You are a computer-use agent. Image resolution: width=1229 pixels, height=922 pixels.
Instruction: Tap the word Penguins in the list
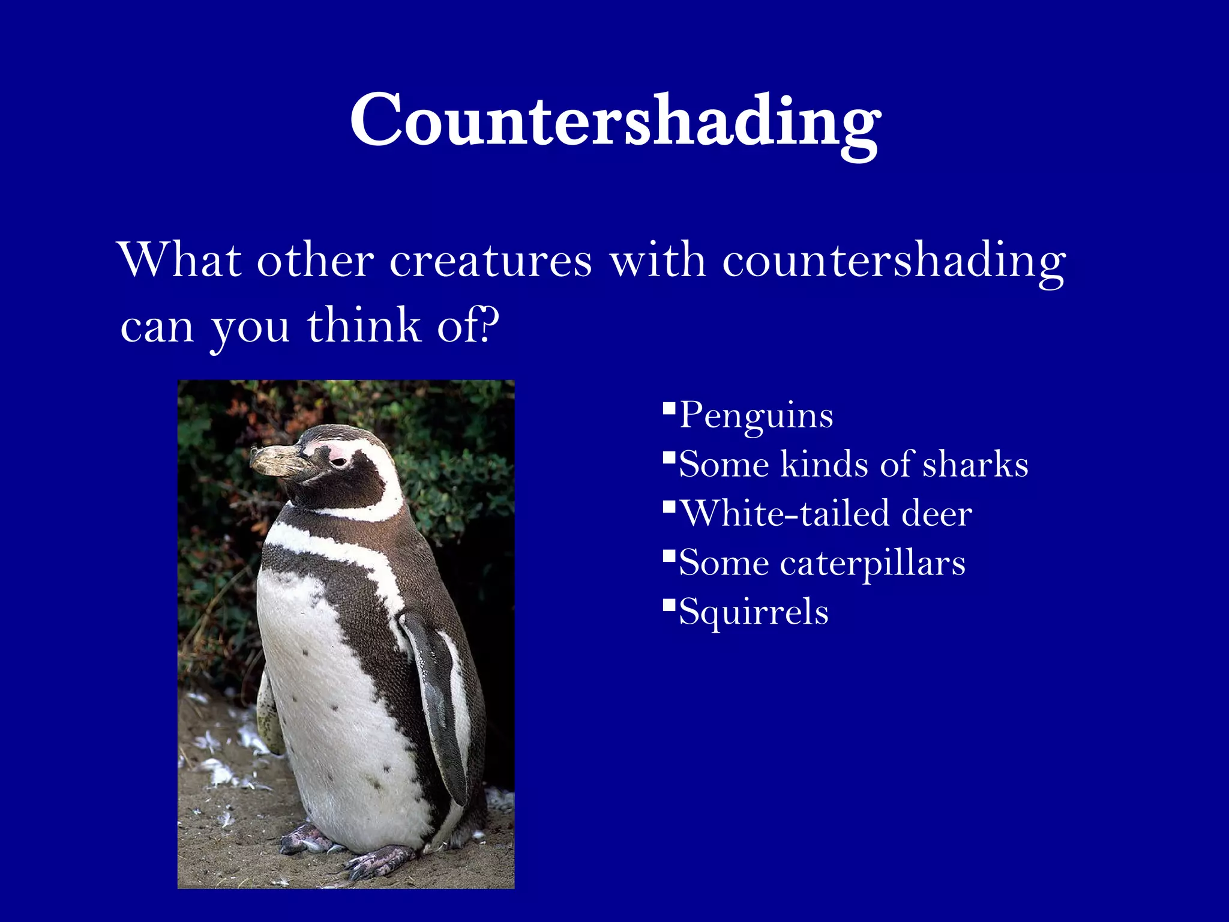[756, 415]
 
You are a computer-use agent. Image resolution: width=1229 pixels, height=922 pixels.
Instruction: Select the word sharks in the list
[975, 465]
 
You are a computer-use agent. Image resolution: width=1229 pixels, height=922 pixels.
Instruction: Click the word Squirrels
[754, 612]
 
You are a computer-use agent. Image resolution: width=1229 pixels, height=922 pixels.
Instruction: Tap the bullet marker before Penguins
[669, 410]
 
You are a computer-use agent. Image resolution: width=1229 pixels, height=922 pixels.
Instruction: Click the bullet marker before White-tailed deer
[669, 508]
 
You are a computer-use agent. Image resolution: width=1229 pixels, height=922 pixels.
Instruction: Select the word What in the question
[180, 261]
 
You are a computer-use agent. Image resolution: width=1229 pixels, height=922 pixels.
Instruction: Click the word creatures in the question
[491, 261]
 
